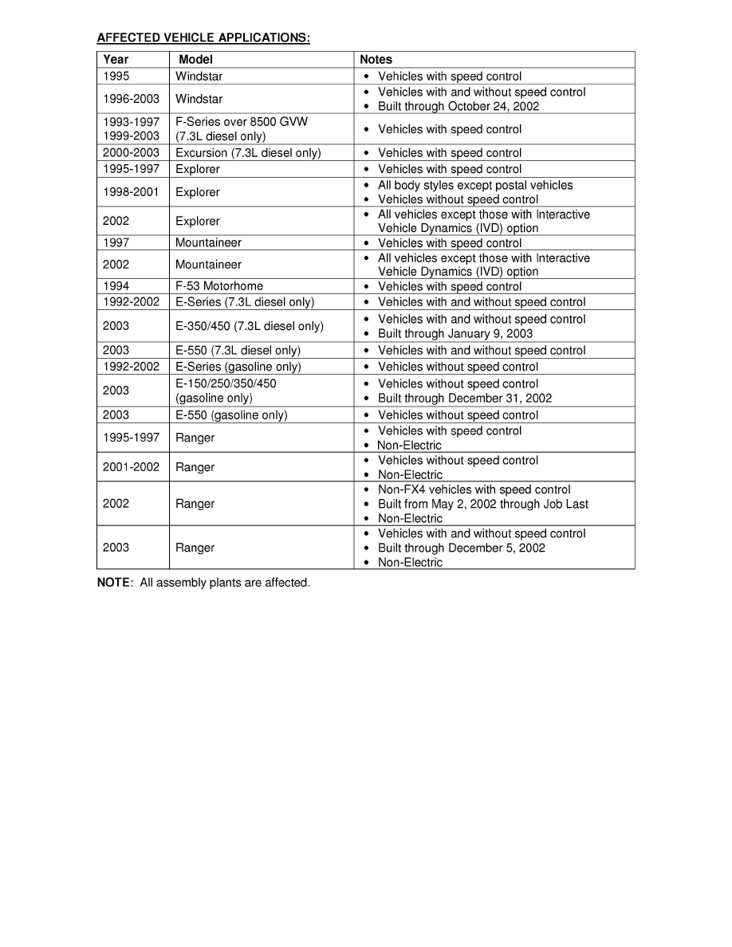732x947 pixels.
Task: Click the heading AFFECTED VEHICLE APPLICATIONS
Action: [x=203, y=37]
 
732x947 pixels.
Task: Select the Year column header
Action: [x=116, y=59]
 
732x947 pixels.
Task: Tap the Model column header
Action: [x=195, y=59]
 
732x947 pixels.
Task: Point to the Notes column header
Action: [x=376, y=59]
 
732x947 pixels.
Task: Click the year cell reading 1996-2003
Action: [x=131, y=99]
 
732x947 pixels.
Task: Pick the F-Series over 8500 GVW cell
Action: [x=241, y=122]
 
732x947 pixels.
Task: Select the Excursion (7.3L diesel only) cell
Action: [x=248, y=152]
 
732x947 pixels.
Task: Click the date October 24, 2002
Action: [x=493, y=106]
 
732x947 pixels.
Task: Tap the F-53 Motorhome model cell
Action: [x=218, y=285]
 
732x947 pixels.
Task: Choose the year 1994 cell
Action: [x=116, y=285]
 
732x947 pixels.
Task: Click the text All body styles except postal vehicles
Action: [x=474, y=185]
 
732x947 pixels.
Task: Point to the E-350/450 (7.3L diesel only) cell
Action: [x=249, y=326]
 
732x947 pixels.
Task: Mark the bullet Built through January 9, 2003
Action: [x=455, y=333]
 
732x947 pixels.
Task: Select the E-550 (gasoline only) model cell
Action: [x=231, y=415]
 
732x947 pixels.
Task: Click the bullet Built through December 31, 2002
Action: [x=464, y=398]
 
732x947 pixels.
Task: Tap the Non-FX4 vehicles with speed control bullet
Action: [x=474, y=489]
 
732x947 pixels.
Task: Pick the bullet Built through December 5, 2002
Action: [x=461, y=548]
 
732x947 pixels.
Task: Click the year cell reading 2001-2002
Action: [x=131, y=467]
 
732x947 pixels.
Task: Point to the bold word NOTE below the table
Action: [x=112, y=583]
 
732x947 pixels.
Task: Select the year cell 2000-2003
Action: [x=131, y=152]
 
